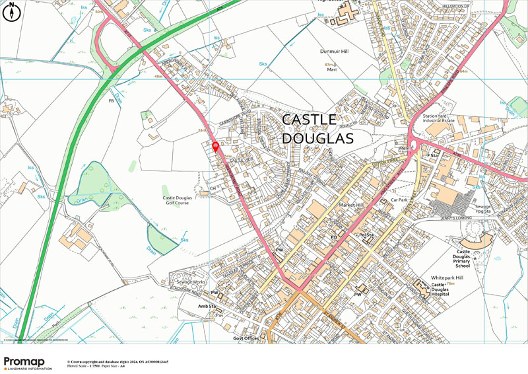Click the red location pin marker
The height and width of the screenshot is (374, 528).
click(215, 147)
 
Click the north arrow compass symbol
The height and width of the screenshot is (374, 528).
click(13, 12)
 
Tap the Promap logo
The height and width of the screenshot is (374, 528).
click(28, 363)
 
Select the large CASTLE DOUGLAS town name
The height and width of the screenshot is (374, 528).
click(317, 129)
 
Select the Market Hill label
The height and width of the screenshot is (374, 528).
click(351, 206)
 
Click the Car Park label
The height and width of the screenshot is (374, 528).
click(401, 199)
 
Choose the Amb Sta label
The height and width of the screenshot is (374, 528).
click(208, 307)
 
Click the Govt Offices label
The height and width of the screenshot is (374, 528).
click(246, 338)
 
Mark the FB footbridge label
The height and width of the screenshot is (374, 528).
click(111, 101)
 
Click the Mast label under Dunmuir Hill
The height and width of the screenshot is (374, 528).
click(331, 69)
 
